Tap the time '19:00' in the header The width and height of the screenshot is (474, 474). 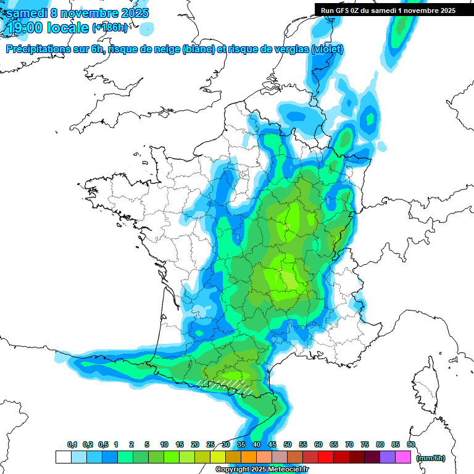(x=25, y=28)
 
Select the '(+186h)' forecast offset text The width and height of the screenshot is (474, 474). (x=110, y=28)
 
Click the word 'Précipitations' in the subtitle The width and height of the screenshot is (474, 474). (x=38, y=49)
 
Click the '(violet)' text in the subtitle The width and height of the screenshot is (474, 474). (x=327, y=49)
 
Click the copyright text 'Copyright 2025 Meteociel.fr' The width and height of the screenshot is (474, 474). (x=262, y=470)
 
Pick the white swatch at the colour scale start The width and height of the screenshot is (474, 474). (x=63, y=457)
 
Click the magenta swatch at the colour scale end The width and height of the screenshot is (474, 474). (x=404, y=457)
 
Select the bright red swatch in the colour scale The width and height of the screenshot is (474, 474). (x=326, y=457)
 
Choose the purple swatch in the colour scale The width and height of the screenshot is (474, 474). (x=388, y=457)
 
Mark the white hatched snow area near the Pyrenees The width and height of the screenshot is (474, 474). (x=225, y=386)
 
